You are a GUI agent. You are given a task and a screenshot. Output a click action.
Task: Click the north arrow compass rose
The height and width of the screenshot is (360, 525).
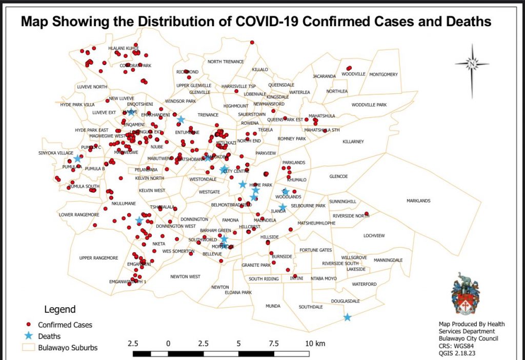pyautogui.click(x=472, y=64)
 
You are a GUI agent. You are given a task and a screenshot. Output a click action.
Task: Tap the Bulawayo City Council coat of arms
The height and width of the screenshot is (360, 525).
pyautogui.click(x=466, y=293)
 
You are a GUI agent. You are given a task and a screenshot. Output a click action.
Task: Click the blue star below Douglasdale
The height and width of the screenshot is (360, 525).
pyautogui.click(x=347, y=317)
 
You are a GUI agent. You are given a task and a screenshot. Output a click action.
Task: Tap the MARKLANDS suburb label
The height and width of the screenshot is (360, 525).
pyautogui.click(x=418, y=201)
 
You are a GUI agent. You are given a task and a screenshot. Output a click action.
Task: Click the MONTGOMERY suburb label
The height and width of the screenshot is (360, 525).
pyautogui.click(x=383, y=74)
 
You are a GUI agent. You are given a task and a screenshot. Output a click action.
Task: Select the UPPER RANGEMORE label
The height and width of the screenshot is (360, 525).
pyautogui.click(x=99, y=257)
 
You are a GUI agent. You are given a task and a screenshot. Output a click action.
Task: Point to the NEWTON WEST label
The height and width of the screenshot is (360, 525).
pyautogui.click(x=186, y=276)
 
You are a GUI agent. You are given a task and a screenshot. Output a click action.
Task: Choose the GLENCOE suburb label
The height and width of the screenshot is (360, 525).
pyautogui.click(x=338, y=176)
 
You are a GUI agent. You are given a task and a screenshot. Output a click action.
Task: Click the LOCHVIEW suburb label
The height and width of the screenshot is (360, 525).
pyautogui.click(x=373, y=235)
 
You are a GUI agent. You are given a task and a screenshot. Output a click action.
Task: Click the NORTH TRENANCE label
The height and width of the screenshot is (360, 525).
pyautogui.click(x=226, y=62)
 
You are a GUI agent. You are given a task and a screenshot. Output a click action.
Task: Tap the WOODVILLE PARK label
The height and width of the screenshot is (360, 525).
pyautogui.click(x=369, y=105)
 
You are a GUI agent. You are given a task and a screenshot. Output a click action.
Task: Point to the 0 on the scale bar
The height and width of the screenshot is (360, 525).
pyautogui.click(x=168, y=343)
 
